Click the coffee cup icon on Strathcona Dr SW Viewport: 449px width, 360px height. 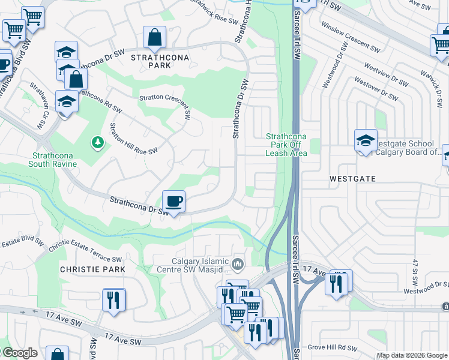(174, 201)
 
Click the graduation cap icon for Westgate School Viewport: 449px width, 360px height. (366, 141)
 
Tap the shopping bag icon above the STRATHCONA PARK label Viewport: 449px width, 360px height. (155, 38)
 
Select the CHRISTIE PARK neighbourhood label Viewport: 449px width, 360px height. (92, 269)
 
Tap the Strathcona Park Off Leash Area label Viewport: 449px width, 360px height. (286, 145)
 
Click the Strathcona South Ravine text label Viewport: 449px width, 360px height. (54, 160)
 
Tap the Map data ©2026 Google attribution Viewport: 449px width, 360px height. (412, 355)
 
